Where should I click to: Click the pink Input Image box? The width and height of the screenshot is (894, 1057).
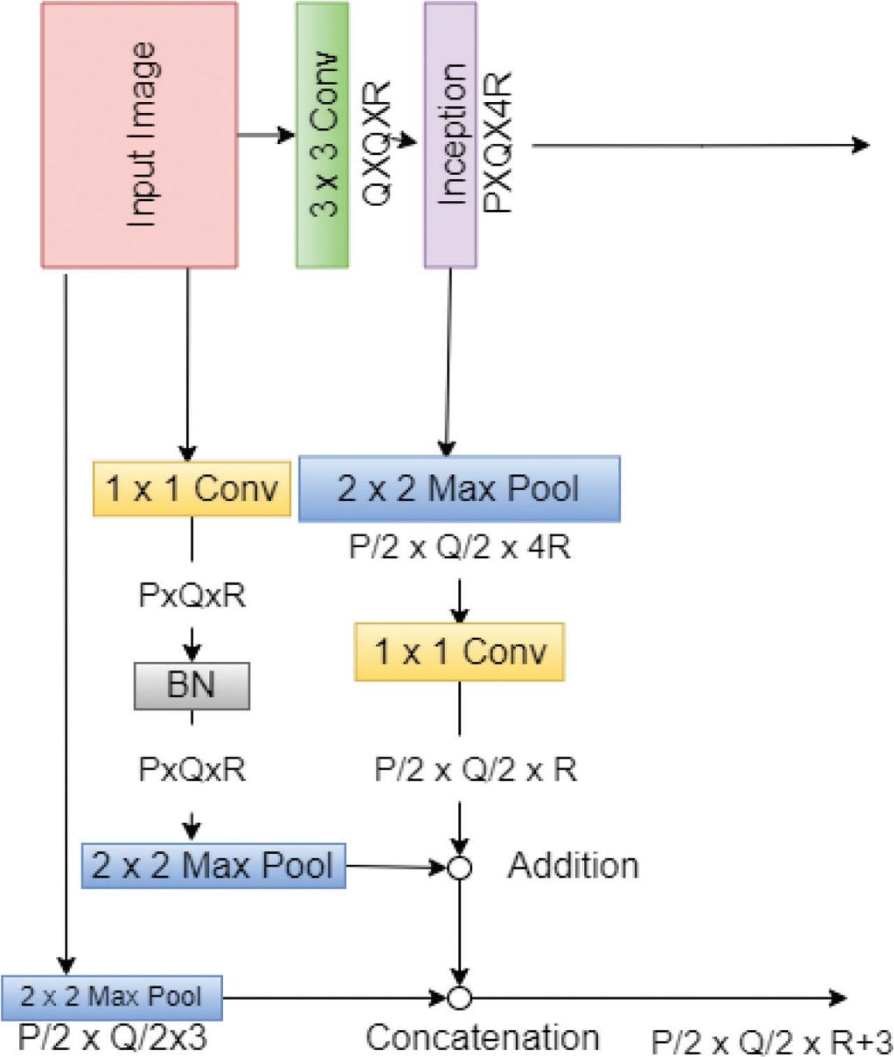tap(140, 135)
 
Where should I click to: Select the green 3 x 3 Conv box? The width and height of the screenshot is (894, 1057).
tap(322, 135)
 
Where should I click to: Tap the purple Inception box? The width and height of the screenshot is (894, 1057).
tap(450, 135)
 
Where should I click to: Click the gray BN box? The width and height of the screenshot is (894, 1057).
tap(191, 685)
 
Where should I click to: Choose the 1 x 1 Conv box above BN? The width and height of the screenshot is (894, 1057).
tap(191, 489)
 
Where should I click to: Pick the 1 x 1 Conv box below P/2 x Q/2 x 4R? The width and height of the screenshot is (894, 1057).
tap(459, 651)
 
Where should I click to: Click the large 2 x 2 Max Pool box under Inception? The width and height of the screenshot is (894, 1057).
tap(459, 489)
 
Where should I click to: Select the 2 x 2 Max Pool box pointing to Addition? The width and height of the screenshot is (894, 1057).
tap(213, 866)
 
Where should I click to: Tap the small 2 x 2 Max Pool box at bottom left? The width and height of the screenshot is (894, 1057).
tap(111, 997)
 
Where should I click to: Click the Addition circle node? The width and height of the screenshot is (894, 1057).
tap(459, 868)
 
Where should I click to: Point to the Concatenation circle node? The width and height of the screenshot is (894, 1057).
tap(459, 998)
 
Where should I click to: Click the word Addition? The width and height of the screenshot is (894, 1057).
tap(573, 866)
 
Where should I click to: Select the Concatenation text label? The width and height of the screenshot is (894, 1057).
tap(483, 1037)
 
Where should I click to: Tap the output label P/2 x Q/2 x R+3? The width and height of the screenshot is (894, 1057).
tap(771, 1042)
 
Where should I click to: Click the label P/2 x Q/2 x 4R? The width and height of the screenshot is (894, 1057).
tap(460, 547)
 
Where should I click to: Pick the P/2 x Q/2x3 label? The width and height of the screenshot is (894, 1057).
tap(112, 1037)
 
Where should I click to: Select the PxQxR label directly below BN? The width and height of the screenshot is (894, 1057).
tap(192, 769)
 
